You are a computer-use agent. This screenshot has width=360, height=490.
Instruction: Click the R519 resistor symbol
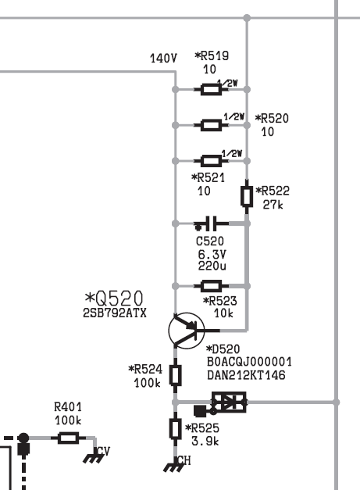(211, 89)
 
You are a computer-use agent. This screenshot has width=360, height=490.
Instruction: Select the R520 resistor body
(211, 125)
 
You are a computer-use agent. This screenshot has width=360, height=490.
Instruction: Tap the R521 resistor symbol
(211, 161)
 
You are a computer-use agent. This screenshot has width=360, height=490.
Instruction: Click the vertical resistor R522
(247, 196)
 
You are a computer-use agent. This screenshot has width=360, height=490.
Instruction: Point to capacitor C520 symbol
(212, 224)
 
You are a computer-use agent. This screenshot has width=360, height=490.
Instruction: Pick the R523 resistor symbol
(211, 285)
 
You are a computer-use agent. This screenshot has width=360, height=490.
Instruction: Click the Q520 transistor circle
(187, 331)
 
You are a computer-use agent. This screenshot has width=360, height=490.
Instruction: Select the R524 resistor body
(175, 375)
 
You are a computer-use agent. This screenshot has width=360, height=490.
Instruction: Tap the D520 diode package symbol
(229, 402)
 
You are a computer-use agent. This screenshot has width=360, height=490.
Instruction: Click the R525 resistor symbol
(175, 429)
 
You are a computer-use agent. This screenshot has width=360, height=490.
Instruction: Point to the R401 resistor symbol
(68, 438)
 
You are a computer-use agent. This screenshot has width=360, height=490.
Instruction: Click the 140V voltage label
(163, 58)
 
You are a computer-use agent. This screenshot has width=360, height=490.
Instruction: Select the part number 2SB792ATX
(115, 313)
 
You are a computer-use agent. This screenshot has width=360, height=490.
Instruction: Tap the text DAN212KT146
(246, 375)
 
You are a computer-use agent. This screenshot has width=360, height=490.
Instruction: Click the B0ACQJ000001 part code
(249, 362)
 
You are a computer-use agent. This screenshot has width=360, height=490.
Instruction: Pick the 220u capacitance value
(212, 266)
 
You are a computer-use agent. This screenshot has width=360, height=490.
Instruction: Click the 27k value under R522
(273, 205)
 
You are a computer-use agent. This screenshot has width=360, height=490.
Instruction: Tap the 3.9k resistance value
(205, 441)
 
